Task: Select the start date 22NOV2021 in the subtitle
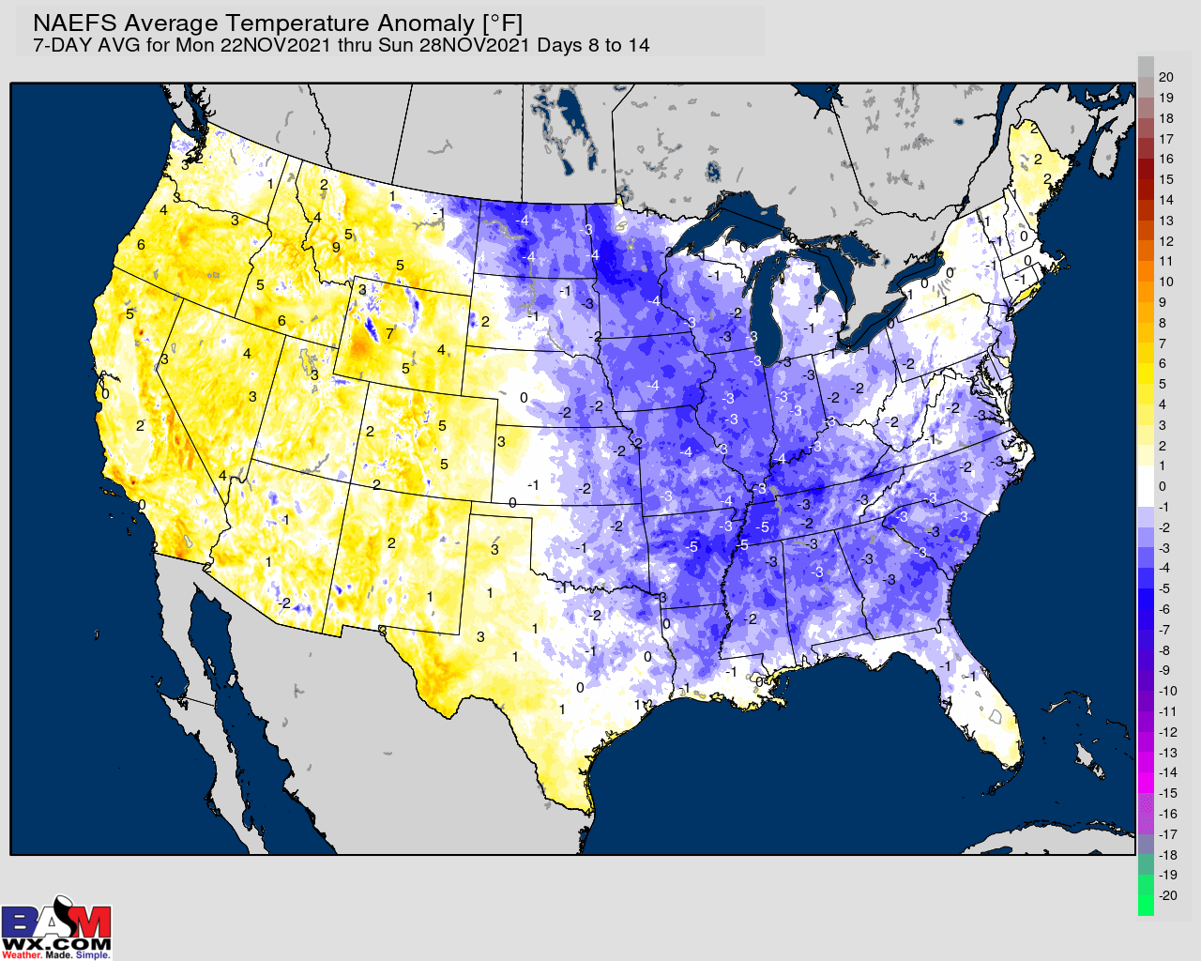click(x=276, y=45)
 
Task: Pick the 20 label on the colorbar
click(x=1166, y=77)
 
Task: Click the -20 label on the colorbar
click(x=1167, y=895)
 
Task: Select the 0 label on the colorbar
click(x=1163, y=486)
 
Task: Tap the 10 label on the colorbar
click(x=1166, y=282)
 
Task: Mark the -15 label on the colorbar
click(x=1167, y=793)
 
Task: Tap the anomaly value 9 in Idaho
click(x=336, y=248)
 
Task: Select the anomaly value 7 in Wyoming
click(x=389, y=334)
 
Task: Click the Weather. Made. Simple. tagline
click(x=56, y=955)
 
